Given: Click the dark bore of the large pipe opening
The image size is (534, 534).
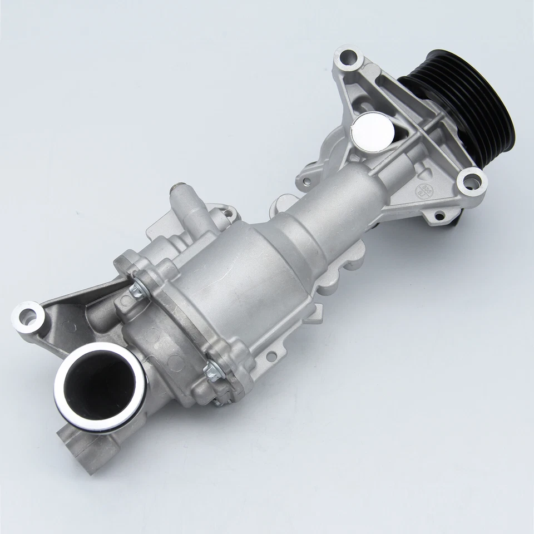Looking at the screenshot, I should [95, 384].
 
